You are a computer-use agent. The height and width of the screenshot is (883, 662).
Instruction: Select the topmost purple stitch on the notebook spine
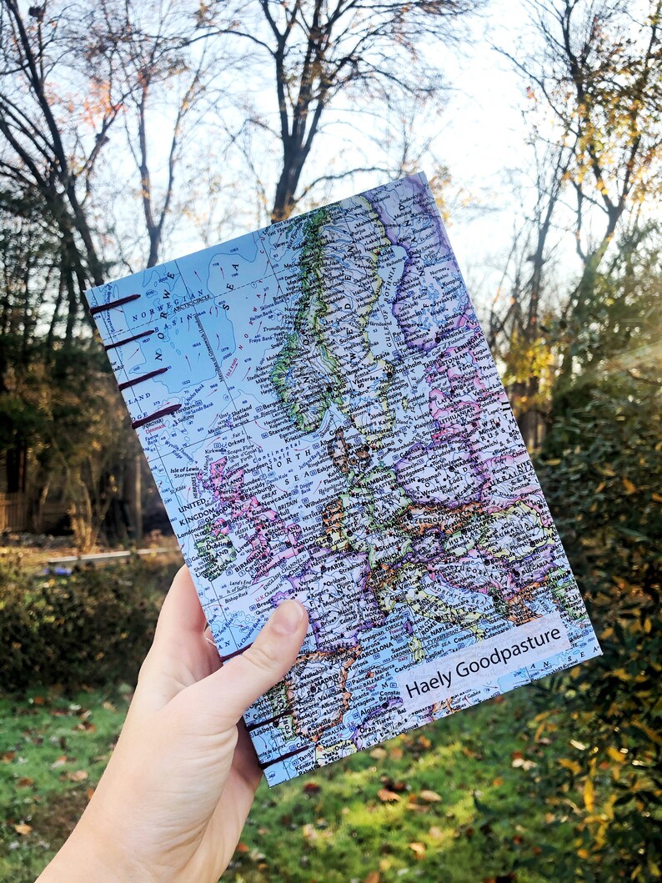115,304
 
